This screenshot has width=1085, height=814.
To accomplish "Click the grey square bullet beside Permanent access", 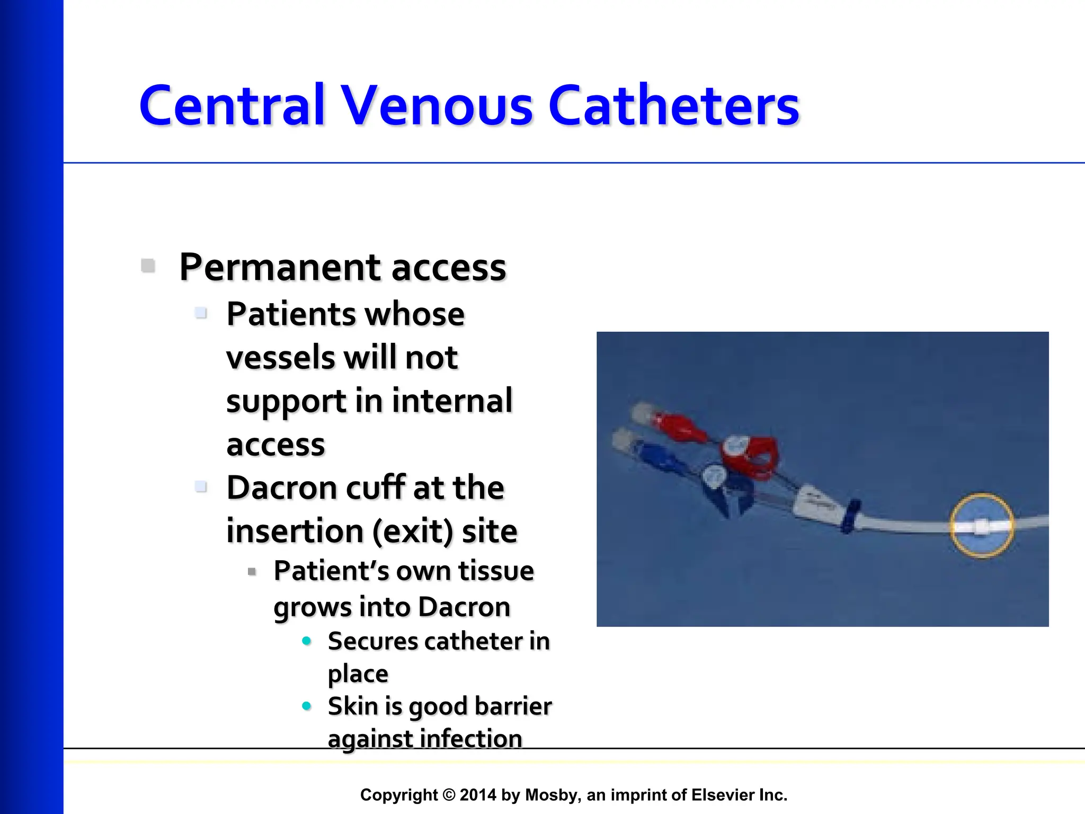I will click(148, 266).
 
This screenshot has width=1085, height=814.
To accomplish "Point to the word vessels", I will click(280, 358).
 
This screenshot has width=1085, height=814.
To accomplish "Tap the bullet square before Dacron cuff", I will click(201, 486).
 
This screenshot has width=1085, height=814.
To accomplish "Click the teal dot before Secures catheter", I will click(306, 641).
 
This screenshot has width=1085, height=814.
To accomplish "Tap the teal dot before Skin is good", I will click(306, 706).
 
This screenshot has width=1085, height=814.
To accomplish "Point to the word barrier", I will click(513, 706).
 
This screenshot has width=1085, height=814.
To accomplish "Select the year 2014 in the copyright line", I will click(478, 795).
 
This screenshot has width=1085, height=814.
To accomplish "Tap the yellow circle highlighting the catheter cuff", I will click(981, 525).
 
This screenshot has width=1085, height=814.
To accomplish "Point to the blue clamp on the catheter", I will click(726, 490).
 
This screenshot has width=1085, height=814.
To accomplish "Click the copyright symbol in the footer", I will click(449, 795).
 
